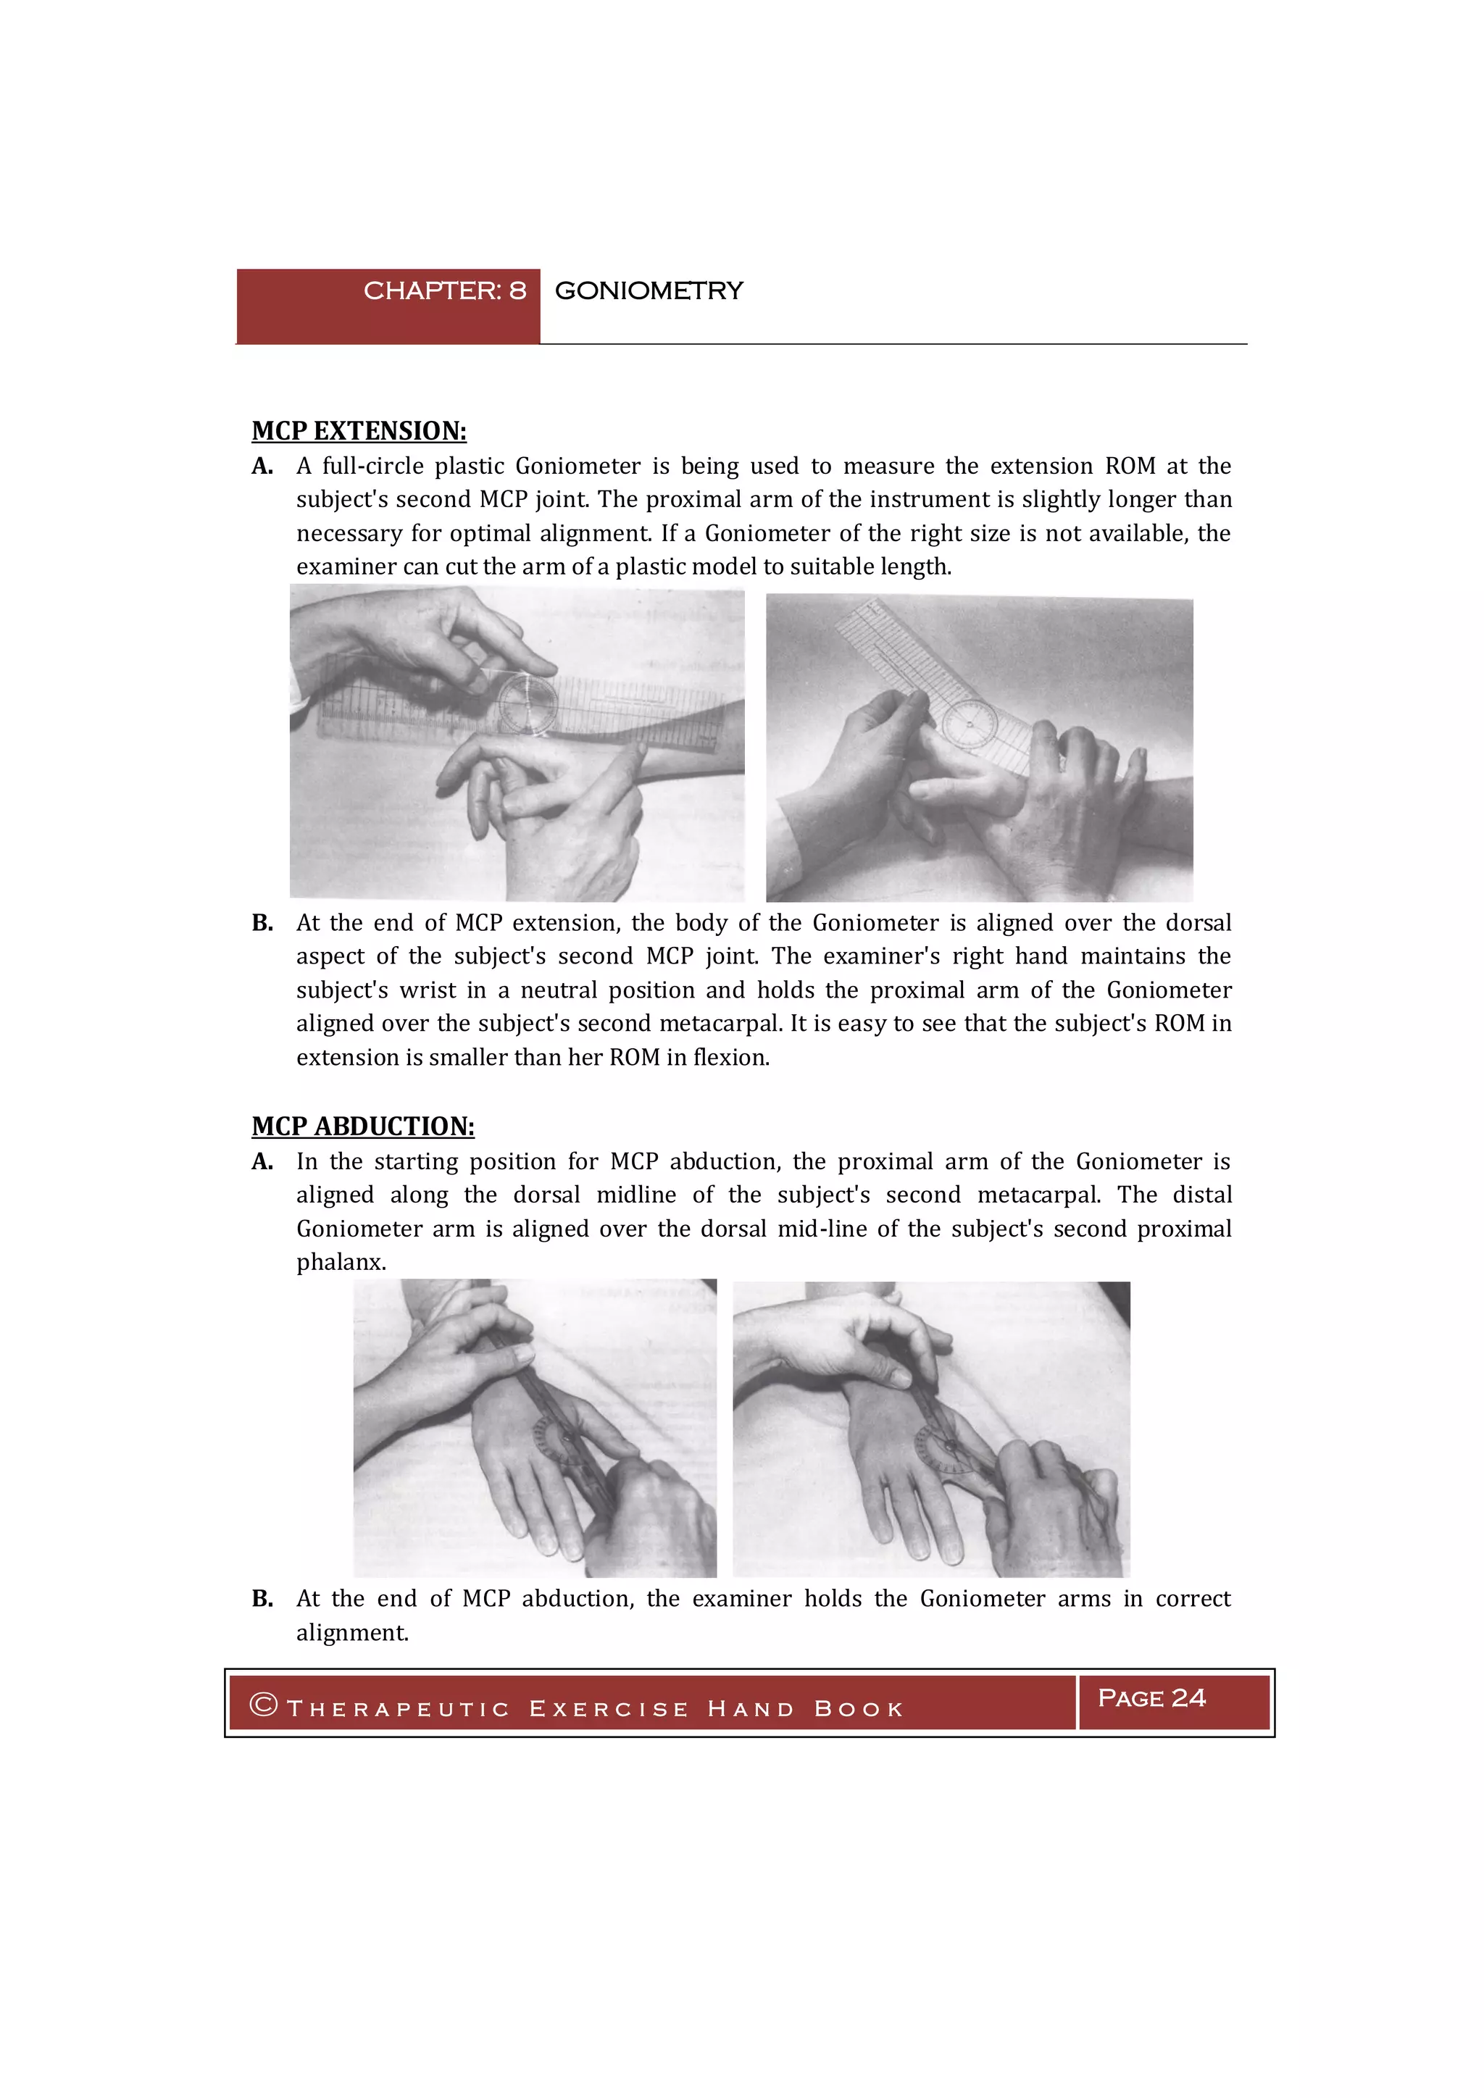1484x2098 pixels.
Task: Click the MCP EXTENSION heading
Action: click(x=359, y=431)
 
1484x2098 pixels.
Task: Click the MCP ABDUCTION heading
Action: click(x=363, y=1127)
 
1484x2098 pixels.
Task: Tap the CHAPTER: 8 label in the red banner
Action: click(x=444, y=291)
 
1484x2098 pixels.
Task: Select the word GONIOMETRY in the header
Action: click(x=649, y=291)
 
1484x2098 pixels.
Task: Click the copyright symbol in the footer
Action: click(x=263, y=1705)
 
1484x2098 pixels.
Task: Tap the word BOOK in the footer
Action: click(x=858, y=1710)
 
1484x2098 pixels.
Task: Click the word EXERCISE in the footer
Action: click(x=609, y=1710)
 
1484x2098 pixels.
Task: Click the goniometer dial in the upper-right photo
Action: click(x=969, y=725)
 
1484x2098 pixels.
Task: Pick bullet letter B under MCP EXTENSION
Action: click(x=262, y=923)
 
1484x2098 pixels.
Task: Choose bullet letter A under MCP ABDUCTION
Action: click(x=262, y=1162)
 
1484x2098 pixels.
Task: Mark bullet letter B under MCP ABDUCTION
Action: click(x=262, y=1599)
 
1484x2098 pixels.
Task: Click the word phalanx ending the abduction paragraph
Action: click(x=340, y=1263)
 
